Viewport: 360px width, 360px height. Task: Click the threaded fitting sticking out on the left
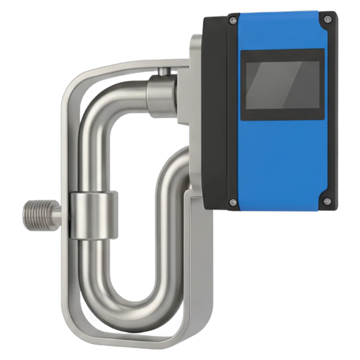(37, 216)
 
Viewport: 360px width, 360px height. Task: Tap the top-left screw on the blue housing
(232, 21)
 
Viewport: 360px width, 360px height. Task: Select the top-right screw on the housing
(328, 19)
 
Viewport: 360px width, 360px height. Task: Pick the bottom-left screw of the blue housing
(232, 202)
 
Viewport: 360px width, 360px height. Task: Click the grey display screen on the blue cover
(282, 84)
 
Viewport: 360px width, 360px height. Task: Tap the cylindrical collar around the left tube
(94, 215)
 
